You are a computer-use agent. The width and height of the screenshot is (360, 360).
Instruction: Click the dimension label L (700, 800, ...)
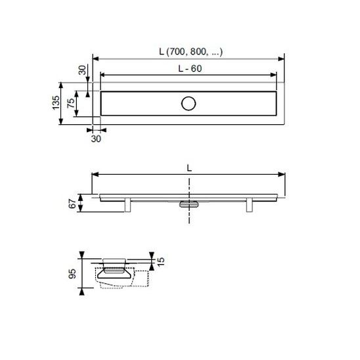[191, 52]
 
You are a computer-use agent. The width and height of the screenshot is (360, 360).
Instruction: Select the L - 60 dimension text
[190, 68]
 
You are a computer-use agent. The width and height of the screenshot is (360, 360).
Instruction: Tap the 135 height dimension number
[56, 102]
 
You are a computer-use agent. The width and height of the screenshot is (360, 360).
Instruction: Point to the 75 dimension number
[71, 103]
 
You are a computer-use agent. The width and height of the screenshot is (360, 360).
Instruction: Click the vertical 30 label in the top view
[82, 70]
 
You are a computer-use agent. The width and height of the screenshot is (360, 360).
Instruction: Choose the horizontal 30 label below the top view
[96, 139]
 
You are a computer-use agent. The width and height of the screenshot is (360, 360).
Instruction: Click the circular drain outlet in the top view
[189, 104]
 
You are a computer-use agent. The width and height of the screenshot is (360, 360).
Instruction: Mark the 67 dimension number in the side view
[72, 204]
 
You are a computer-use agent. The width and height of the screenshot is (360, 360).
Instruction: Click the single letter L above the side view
[189, 168]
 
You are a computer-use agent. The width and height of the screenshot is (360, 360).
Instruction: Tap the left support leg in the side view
[127, 205]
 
